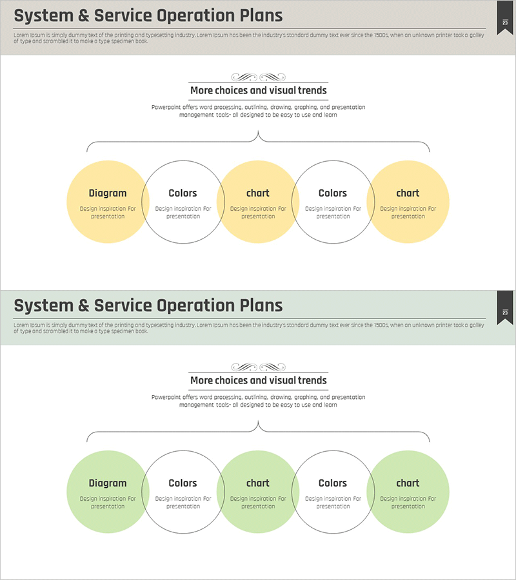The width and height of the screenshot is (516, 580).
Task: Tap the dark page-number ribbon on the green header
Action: coord(505,307)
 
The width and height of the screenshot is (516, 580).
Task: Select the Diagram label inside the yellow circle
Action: coord(108,193)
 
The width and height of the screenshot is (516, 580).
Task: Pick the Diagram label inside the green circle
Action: coord(108,483)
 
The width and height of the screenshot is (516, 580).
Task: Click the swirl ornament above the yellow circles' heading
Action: coord(258,77)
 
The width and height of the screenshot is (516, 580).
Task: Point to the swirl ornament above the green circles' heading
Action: coord(258,367)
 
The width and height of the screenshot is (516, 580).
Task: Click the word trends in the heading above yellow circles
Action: coord(312,91)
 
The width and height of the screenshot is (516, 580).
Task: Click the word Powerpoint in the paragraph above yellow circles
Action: coord(167,107)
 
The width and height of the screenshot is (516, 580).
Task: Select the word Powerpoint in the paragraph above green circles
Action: coord(167,397)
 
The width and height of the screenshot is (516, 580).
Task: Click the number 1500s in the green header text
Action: coord(380,325)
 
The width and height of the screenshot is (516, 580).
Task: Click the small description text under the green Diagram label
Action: coord(108,503)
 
